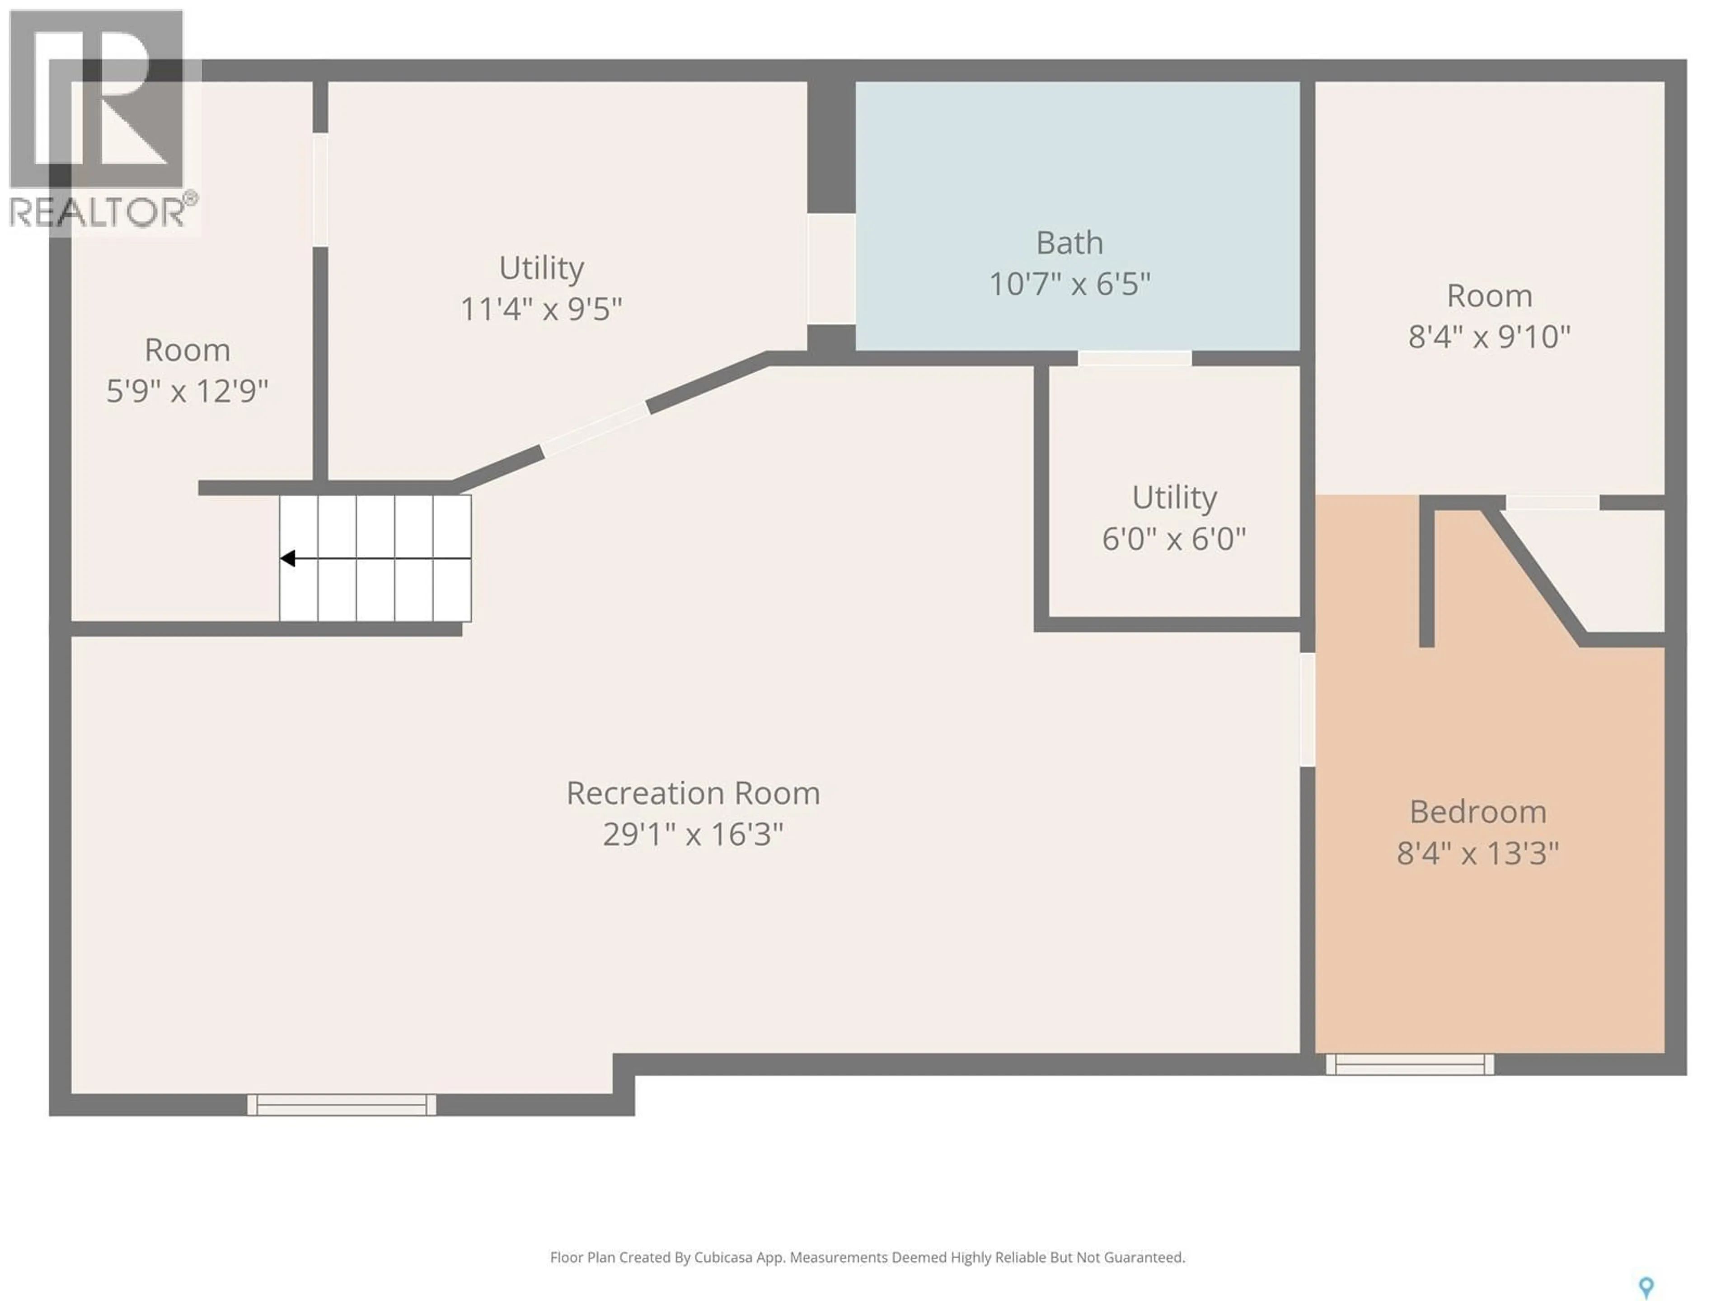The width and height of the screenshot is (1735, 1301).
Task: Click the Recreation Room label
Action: pos(694,793)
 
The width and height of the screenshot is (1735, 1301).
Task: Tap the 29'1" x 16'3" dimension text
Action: pos(694,833)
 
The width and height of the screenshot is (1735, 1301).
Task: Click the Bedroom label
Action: pos(1478,812)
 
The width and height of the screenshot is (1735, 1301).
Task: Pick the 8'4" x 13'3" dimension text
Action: pos(1478,852)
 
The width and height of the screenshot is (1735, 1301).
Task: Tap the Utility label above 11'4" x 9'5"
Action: pos(541,268)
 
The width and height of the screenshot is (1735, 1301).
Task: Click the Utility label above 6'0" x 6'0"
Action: pos(1174,497)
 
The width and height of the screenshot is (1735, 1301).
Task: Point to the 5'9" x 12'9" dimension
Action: pos(188,391)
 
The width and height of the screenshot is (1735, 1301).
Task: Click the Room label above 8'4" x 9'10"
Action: pos(1489,295)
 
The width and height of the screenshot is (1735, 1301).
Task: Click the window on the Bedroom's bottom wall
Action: pos(1410,1064)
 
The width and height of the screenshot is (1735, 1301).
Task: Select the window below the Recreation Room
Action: pos(341,1104)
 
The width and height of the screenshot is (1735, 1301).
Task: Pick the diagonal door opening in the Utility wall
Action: pos(596,429)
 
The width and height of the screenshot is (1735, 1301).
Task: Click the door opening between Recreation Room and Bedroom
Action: pos(1307,710)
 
